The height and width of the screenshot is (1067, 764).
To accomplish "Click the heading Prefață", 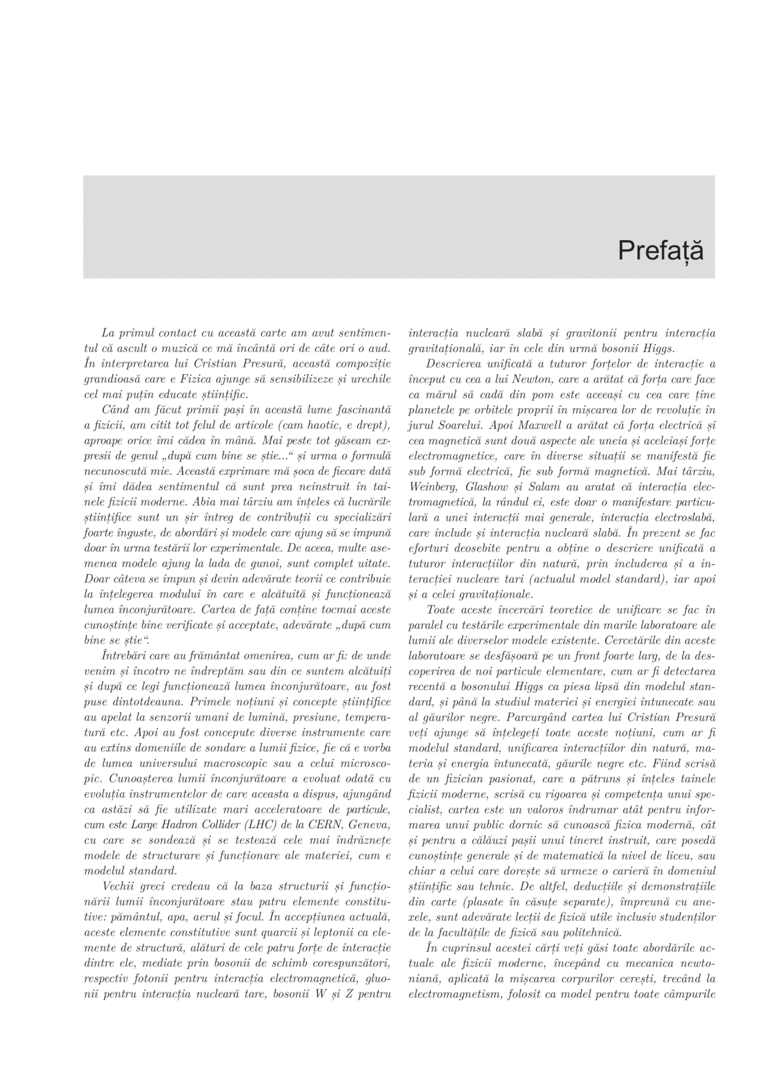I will click(x=660, y=251).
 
